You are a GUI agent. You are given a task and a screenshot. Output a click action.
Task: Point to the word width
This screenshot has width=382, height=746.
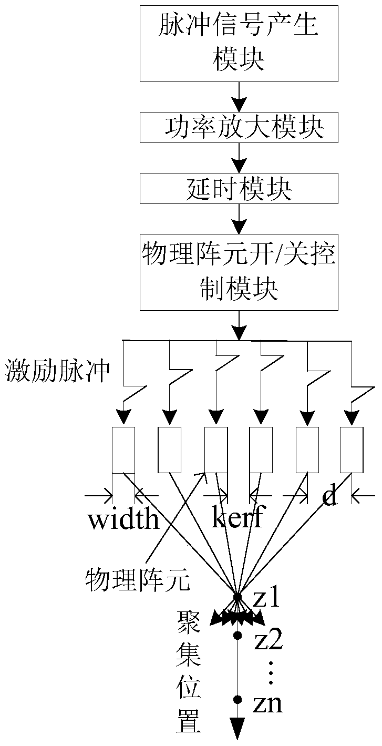coord(123,518)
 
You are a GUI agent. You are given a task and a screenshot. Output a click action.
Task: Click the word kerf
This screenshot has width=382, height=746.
coord(238,517)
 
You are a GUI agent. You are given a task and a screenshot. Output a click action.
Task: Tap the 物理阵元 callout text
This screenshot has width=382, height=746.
coord(138,579)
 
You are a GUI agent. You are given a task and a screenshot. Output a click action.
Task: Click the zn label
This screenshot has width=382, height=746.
coord(268,703)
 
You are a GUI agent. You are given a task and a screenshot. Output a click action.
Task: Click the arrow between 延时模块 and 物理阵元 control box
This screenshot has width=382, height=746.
coord(239,219)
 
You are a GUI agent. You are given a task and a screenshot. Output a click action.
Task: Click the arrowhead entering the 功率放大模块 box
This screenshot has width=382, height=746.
coord(239,106)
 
